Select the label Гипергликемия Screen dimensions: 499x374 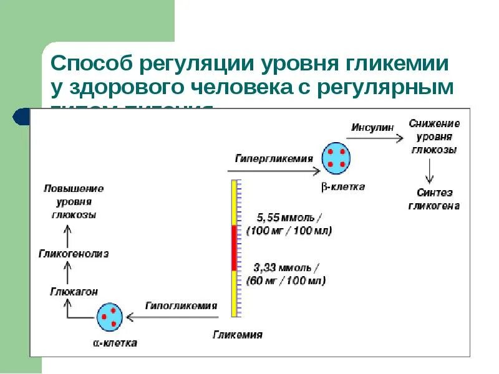pyautogui.click(x=274, y=158)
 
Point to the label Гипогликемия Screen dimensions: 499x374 pyautogui.click(x=181, y=305)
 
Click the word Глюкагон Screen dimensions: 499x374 pyautogui.click(x=74, y=292)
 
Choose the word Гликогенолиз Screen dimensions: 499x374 pyautogui.click(x=74, y=254)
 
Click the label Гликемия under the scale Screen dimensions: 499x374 pyautogui.click(x=238, y=335)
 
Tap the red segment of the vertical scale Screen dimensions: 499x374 pyautogui.click(x=235, y=247)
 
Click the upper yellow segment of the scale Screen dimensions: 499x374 pyautogui.click(x=235, y=203)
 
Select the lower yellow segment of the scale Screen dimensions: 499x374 pyautogui.click(x=235, y=293)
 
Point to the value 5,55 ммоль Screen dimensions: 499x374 pyautogui.click(x=289, y=218)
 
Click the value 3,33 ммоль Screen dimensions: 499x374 pyautogui.click(x=286, y=268)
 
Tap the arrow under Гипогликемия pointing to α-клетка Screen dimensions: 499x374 pyautogui.click(x=178, y=317)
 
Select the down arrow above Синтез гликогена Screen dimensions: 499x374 pyautogui.click(x=429, y=170)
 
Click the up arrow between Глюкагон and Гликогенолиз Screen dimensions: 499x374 pyautogui.click(x=68, y=272)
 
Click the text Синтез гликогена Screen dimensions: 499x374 pyautogui.click(x=434, y=199)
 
